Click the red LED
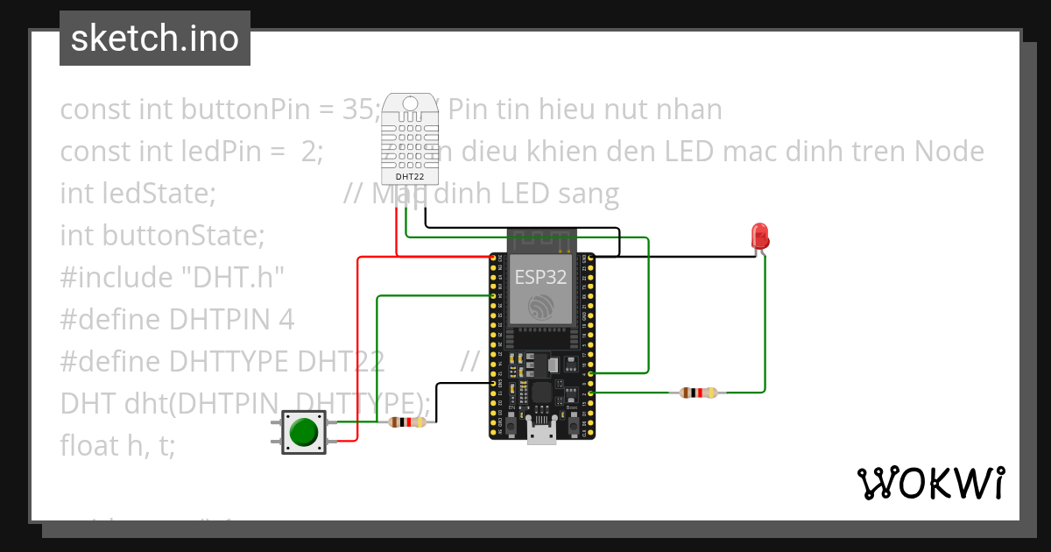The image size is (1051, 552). tap(759, 235)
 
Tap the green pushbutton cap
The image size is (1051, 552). tap(303, 432)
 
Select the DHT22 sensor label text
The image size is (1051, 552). tap(404, 174)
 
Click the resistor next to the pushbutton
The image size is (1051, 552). tap(406, 422)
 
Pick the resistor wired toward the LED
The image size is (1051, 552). tap(697, 393)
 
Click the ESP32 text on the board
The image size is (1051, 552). tap(540, 278)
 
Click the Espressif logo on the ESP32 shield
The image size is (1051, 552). tap(541, 307)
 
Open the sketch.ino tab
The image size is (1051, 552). tap(155, 39)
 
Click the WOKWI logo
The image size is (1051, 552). tap(929, 483)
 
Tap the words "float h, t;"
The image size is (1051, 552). tap(117, 446)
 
